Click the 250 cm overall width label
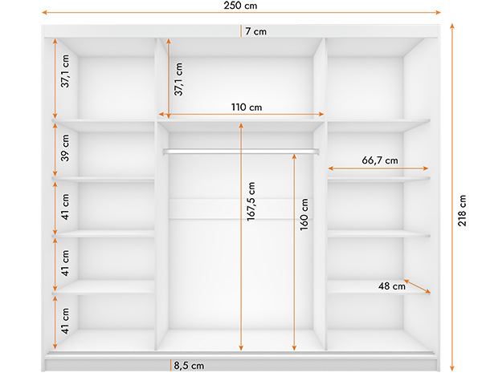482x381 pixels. pyautogui.click(x=240, y=6)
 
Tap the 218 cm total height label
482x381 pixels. pyautogui.click(x=462, y=211)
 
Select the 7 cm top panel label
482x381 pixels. pyautogui.click(x=256, y=31)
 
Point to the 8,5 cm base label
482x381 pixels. pyautogui.click(x=189, y=365)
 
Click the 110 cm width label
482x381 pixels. pyautogui.click(x=247, y=107)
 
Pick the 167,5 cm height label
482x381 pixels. pyautogui.click(x=251, y=201)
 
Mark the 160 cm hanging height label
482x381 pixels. pyautogui.click(x=304, y=214)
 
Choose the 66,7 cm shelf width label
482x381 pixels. pyautogui.click(x=380, y=160)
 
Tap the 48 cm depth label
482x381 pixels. pyautogui.click(x=392, y=286)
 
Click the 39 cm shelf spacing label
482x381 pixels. pyautogui.click(x=65, y=148)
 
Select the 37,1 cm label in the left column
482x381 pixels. pyautogui.click(x=65, y=71)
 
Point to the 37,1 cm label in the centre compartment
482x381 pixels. pyautogui.click(x=178, y=79)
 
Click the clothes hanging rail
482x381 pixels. pyautogui.click(x=241, y=152)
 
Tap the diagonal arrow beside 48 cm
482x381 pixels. pyautogui.click(x=417, y=286)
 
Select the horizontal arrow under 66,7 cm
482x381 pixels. pyautogui.click(x=378, y=168)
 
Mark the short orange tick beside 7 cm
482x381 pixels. pyautogui.click(x=241, y=31)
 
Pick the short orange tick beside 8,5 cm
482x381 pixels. pyautogui.click(x=170, y=365)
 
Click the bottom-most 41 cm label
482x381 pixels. pyautogui.click(x=65, y=321)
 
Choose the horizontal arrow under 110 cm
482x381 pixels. pyautogui.click(x=241, y=114)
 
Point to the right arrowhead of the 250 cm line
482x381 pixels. pyautogui.click(x=439, y=13)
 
